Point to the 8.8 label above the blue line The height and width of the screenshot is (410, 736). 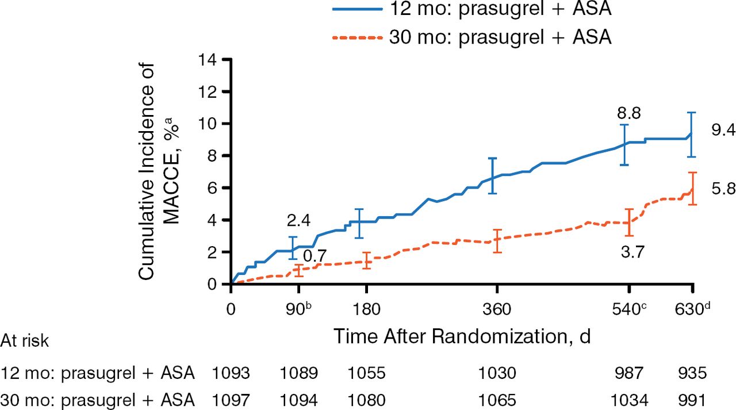[x=628, y=113]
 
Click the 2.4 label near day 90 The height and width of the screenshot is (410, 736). [x=298, y=220]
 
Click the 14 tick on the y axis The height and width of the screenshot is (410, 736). [x=208, y=59]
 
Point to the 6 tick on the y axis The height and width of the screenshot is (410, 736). [x=213, y=187]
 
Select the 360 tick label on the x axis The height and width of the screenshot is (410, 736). [x=497, y=309]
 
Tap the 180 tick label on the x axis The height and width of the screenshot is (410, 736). [x=366, y=309]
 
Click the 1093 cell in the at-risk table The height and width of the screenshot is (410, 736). [x=231, y=374]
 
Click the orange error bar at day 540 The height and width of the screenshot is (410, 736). [x=628, y=222]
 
